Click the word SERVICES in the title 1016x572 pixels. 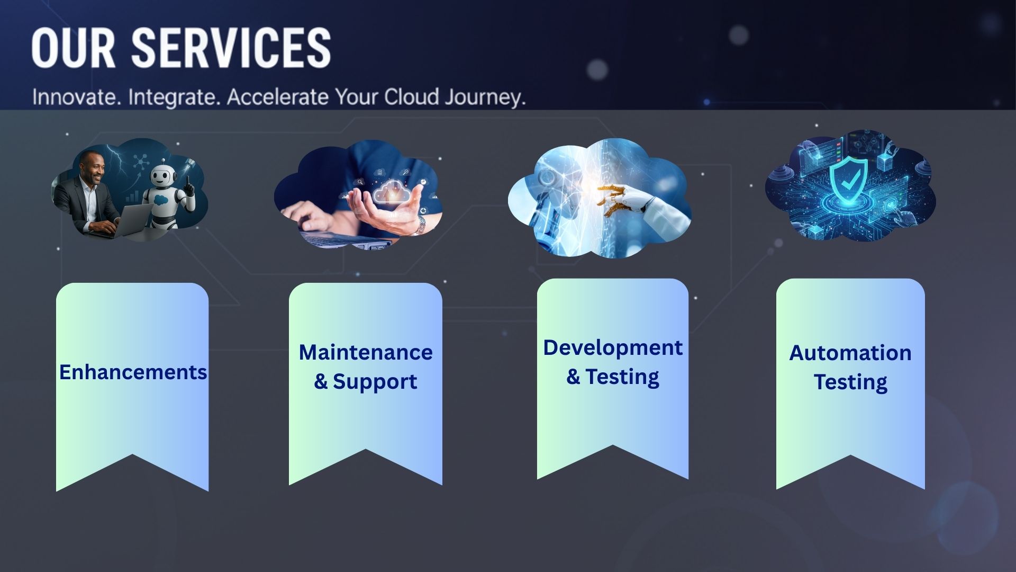(231, 48)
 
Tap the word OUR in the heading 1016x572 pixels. (73, 48)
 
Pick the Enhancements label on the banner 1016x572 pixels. (133, 372)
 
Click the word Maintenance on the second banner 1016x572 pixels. (366, 352)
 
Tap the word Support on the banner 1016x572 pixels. (375, 382)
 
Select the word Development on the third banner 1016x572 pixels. (613, 348)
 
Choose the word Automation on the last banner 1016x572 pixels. (850, 353)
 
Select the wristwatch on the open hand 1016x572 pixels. (421, 225)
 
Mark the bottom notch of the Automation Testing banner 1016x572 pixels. (850, 455)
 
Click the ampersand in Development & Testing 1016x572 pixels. (573, 377)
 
